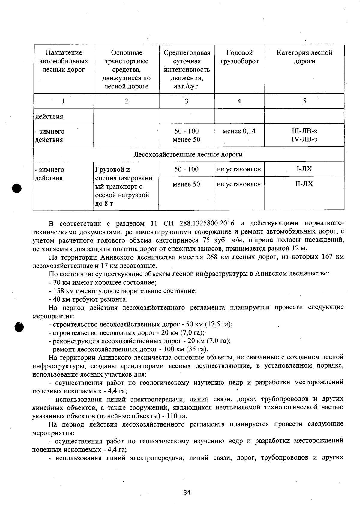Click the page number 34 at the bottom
pos(187,493)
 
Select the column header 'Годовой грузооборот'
pos(239,57)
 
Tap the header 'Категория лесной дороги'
pos(304,57)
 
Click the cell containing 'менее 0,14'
pos(239,131)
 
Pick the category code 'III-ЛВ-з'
pos(304,131)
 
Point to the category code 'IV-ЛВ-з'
pos(304,139)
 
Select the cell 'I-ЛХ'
pos(304,169)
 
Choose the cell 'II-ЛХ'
pos(304,184)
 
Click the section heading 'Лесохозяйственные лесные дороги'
pos(188,154)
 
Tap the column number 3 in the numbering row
pos(187,101)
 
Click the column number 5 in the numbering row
pos(304,101)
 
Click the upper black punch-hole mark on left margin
pos(17,189)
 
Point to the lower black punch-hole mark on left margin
pos(19,326)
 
